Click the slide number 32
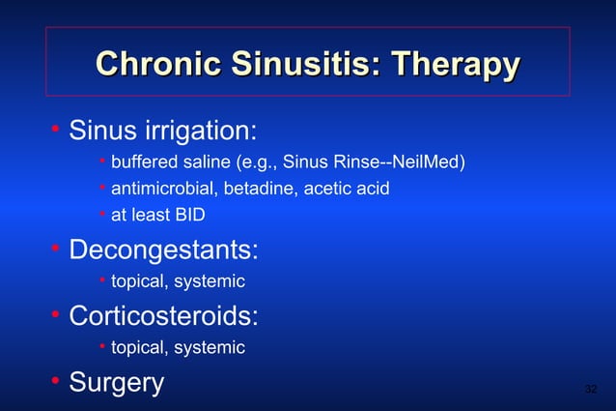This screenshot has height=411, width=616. pyautogui.click(x=591, y=390)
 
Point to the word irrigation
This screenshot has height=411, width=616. pyautogui.click(x=200, y=131)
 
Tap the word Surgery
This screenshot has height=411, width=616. pyautogui.click(x=116, y=383)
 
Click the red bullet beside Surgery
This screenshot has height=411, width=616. pyautogui.click(x=56, y=380)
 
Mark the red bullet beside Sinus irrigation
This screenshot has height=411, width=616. pyautogui.click(x=56, y=128)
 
